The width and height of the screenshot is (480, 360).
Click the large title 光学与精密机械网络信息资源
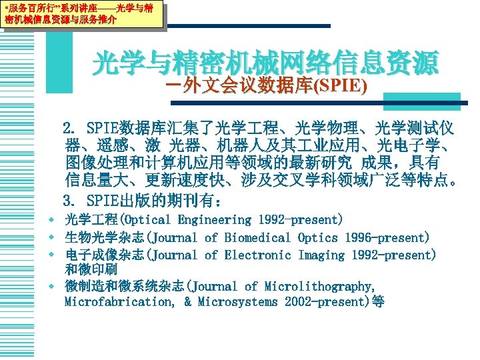[x=265, y=63]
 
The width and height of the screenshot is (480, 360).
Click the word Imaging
[x=321, y=255]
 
